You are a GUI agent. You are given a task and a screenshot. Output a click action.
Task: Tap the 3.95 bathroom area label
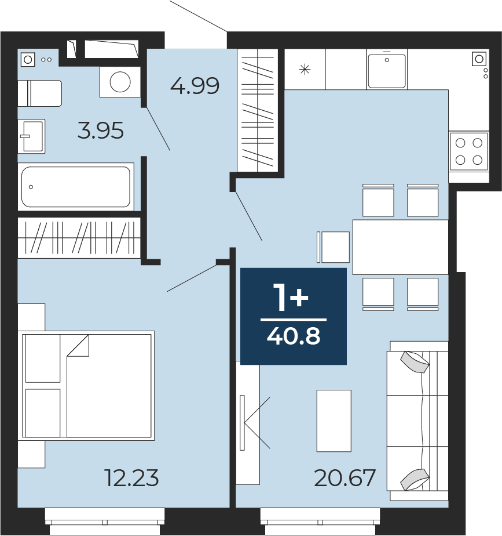pos(101,131)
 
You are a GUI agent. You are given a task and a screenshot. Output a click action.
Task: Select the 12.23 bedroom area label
pos(132,478)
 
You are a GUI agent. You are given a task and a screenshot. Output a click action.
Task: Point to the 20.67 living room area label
pos(345,478)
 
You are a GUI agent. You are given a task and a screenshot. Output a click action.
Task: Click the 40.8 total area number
pos(294,336)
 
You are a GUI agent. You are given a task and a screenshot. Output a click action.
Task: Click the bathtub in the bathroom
pos(76,187)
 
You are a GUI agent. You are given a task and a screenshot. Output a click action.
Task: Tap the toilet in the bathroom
pos(40,93)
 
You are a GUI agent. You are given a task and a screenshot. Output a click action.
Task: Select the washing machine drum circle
pos(120,82)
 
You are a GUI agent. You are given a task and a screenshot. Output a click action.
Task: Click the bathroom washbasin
pos(31,136)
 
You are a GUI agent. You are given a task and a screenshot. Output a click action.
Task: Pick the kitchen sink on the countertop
pos(387,70)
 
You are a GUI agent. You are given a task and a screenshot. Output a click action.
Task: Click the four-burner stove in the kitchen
pos(469,151)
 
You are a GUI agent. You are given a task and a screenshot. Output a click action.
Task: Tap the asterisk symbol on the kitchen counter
pos(305,70)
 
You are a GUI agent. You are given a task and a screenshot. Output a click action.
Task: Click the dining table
pos(400,247)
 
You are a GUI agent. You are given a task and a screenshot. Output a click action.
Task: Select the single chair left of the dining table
pos(334,247)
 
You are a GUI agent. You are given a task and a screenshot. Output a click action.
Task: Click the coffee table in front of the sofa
pos(334,421)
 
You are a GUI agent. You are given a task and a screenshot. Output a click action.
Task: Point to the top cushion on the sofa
pos(415,363)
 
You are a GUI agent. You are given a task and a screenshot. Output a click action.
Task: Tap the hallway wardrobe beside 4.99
pos(257,110)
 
